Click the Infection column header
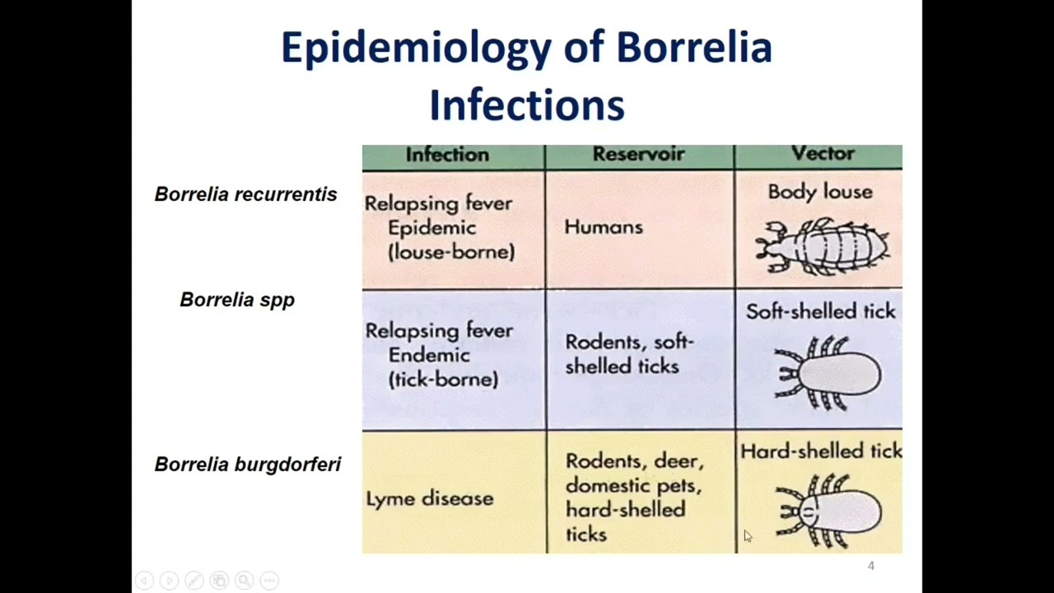point(447,155)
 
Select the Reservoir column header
point(638,155)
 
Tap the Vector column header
point(822,154)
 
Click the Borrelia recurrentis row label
point(245,194)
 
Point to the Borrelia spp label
point(237,300)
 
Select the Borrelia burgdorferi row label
point(247,465)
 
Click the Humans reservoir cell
point(603,227)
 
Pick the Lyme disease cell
point(429,499)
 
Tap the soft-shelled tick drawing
point(827,374)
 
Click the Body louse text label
point(819,192)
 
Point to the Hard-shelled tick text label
point(820,451)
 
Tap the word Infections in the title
point(526,105)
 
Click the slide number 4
point(870,566)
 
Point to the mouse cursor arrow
point(747,535)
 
